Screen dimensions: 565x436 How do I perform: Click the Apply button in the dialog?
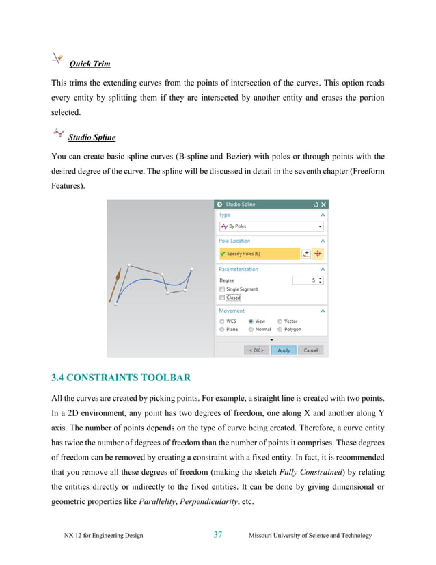tap(284, 350)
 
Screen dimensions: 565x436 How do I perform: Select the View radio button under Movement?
tap(251, 321)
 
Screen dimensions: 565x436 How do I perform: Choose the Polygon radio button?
tap(280, 329)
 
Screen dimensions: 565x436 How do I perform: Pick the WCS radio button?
tap(222, 321)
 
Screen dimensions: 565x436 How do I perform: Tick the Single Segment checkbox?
tap(222, 289)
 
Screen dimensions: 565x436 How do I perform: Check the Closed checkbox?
tap(222, 298)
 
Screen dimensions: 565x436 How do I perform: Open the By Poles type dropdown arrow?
tap(320, 226)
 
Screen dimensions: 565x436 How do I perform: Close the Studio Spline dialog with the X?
tap(324, 205)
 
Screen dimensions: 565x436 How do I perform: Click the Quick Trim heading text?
tap(90, 64)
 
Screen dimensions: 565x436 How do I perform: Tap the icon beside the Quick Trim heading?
tap(58, 60)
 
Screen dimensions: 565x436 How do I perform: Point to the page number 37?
tap(217, 535)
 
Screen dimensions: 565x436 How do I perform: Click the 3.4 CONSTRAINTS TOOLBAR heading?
tap(122, 378)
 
